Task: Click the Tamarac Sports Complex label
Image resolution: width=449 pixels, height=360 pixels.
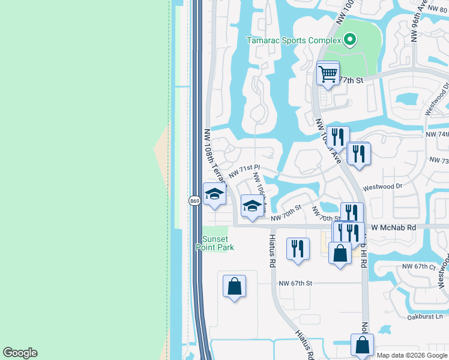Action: [x=294, y=41]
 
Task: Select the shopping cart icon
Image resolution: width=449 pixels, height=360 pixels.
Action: [x=328, y=74]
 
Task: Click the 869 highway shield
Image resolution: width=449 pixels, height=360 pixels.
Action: [x=194, y=200]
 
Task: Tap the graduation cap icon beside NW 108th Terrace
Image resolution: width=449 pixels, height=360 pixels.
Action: [x=214, y=194]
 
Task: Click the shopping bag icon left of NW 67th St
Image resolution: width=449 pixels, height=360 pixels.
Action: [x=234, y=286]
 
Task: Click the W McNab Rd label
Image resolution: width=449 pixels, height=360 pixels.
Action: [x=394, y=227]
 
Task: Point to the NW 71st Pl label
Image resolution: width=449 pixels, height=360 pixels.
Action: [x=244, y=172]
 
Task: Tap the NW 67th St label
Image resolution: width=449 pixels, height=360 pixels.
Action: [x=295, y=283]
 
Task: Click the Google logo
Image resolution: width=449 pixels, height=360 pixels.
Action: [x=20, y=353]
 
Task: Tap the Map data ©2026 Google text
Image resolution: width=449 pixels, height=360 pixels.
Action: [x=412, y=355]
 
